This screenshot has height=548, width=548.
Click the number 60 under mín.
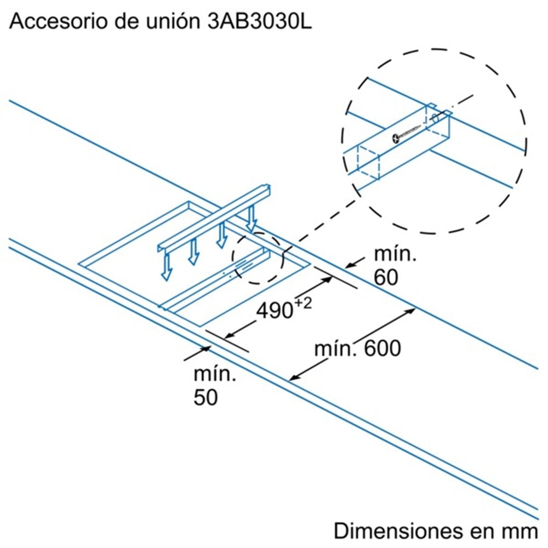[386, 278]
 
